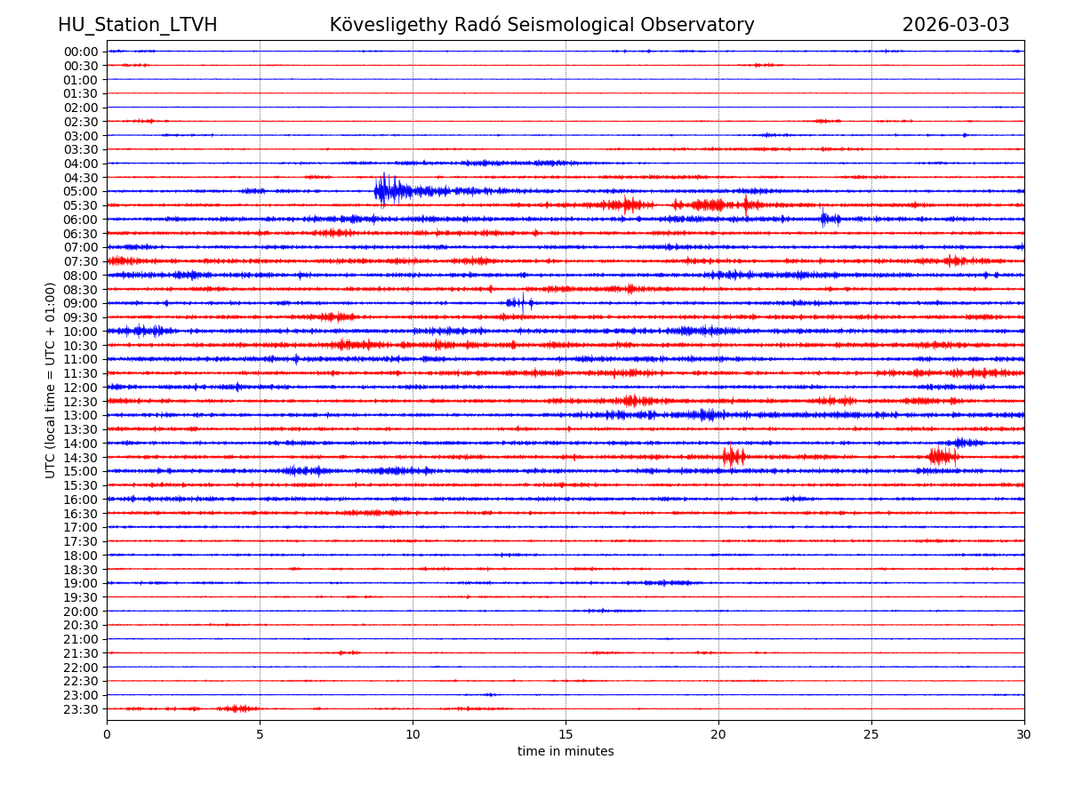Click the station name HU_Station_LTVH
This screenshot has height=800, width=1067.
pyautogui.click(x=137, y=25)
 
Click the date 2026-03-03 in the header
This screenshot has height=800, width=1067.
pyautogui.click(x=956, y=25)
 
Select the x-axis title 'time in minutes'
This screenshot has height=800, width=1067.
pyautogui.click(x=566, y=752)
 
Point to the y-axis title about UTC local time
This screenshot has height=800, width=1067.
pyautogui.click(x=51, y=380)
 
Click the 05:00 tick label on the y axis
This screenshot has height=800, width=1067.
pyautogui.click(x=81, y=191)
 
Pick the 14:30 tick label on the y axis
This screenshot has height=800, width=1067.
pyautogui.click(x=81, y=457)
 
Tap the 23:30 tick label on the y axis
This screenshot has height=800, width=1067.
pyautogui.click(x=81, y=709)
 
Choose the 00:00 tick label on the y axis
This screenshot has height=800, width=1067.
pyautogui.click(x=81, y=52)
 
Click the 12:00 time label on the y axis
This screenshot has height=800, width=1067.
pyautogui.click(x=81, y=388)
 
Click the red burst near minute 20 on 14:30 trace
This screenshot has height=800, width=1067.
pyautogui.click(x=734, y=457)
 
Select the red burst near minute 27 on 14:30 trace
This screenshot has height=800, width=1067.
pyautogui.click(x=943, y=457)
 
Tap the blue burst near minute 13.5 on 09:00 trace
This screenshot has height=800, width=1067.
pyautogui.click(x=519, y=303)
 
